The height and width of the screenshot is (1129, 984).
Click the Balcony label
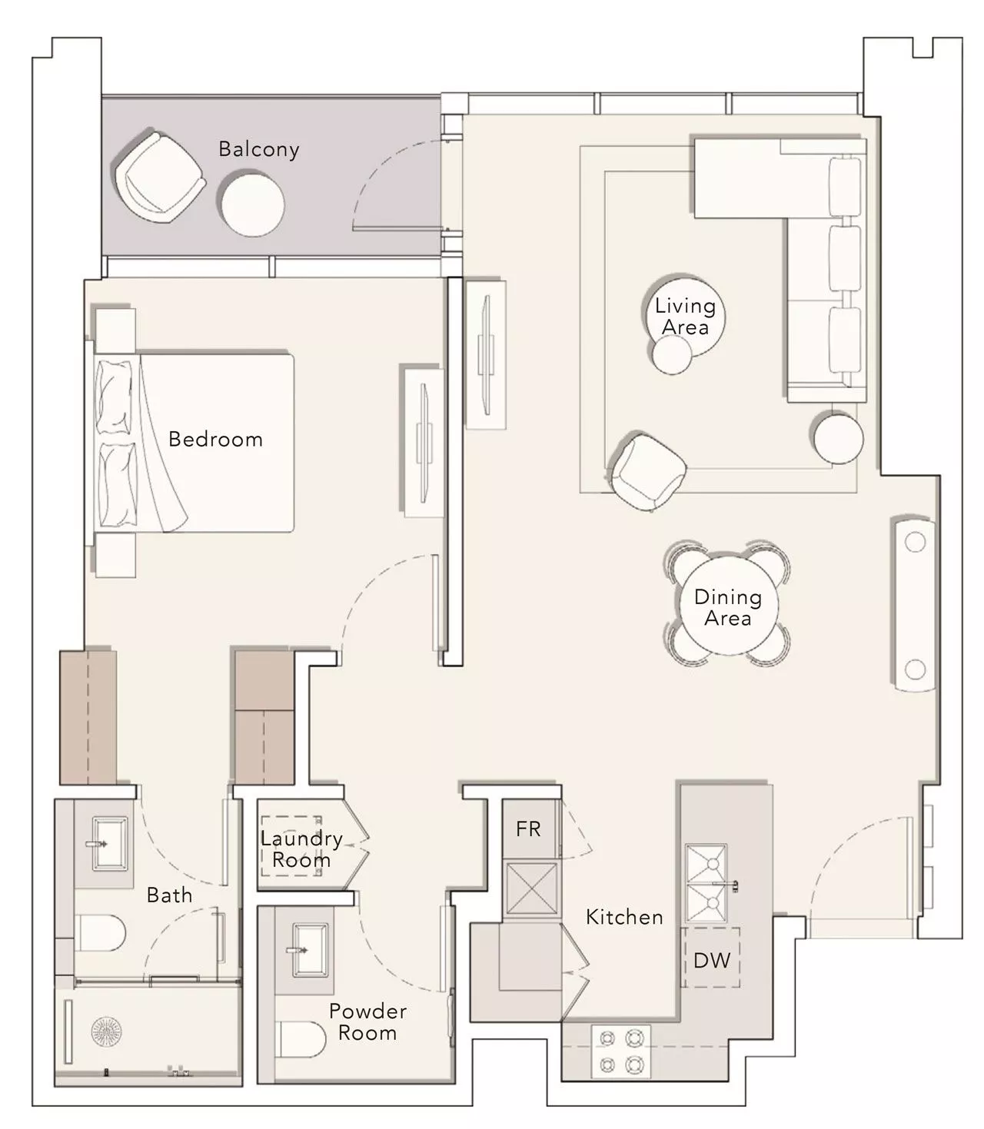259,149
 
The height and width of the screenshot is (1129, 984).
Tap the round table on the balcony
253,205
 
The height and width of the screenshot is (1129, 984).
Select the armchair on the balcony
159,178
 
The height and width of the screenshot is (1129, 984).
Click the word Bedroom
215,440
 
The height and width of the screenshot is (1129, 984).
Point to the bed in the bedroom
193,443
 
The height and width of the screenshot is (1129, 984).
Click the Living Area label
685,317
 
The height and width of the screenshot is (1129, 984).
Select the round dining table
729,606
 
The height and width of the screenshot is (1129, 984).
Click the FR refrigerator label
528,828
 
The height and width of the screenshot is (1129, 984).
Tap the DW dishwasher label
711,961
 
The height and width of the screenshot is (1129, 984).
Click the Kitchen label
624,917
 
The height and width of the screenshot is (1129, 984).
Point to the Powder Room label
367,1022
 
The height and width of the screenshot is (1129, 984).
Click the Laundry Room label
301,849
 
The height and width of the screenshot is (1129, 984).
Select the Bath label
169,895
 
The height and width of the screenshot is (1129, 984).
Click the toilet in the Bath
100,933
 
